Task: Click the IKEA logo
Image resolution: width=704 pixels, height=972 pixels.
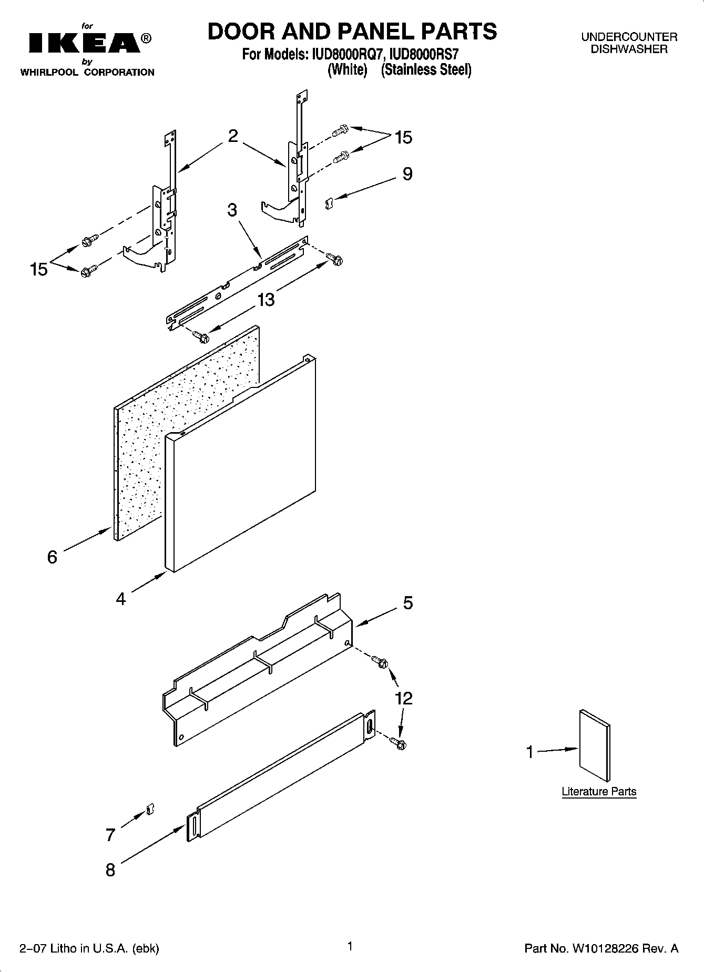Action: [84, 43]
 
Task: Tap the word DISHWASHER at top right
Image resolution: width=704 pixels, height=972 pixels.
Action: [629, 49]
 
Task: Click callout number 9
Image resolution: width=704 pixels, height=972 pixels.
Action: [407, 174]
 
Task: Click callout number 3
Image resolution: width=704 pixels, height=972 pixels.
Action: [232, 210]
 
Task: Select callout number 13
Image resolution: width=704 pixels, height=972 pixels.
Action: [266, 300]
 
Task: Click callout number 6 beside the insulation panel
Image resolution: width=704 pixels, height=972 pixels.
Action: [52, 557]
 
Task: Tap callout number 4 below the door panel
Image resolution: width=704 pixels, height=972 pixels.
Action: [121, 599]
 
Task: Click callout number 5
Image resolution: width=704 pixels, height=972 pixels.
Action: [408, 602]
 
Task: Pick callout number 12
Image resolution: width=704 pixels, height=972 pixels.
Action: [404, 698]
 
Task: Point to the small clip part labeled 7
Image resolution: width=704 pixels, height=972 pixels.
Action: [149, 809]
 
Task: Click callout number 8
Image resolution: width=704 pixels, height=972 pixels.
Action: [110, 870]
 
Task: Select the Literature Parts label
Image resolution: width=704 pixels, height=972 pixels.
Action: [599, 791]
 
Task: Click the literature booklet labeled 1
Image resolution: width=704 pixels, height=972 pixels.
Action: [595, 745]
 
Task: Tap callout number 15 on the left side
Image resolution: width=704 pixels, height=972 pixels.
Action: [39, 269]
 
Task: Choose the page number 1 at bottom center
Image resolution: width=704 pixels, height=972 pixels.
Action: [349, 946]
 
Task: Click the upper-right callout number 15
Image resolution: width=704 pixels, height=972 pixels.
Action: [403, 138]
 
